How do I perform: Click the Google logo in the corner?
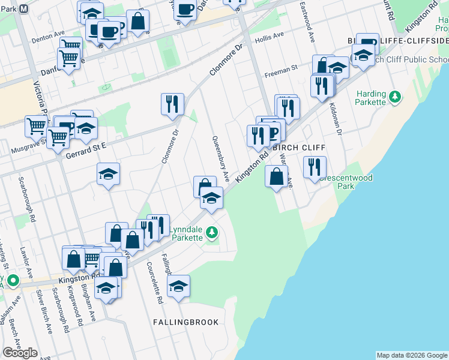click(20, 353)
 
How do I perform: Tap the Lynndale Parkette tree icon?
click(211, 232)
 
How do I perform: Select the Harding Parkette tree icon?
click(395, 96)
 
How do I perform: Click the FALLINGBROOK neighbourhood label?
click(185, 322)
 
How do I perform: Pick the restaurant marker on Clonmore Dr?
click(172, 103)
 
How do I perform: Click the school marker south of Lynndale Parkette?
click(178, 286)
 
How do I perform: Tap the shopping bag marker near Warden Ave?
click(276, 177)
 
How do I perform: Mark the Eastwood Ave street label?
click(307, 20)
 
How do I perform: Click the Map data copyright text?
click(412, 355)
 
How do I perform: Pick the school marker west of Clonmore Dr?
click(109, 174)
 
